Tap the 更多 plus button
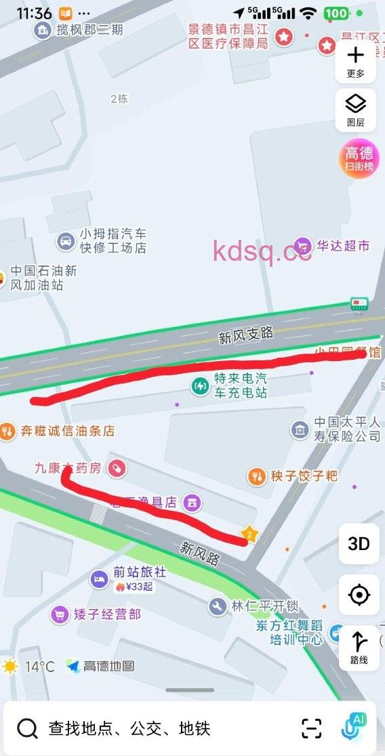pos(356,61)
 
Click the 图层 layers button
pos(356,110)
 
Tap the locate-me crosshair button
pos(359,595)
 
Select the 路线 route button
pos(359,648)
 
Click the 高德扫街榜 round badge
pos(359,159)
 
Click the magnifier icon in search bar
pos(27,728)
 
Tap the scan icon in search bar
pos(312,728)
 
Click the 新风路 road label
pos(200,552)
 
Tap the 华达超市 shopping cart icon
pos(302,246)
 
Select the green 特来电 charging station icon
pos(200,386)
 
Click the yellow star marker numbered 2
pos(249,534)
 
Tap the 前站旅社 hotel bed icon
pos(99,579)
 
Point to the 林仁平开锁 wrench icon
pos(218,606)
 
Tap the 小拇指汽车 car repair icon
pos(66,240)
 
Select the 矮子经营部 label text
pos(108,614)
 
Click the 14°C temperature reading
pos(39,667)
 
